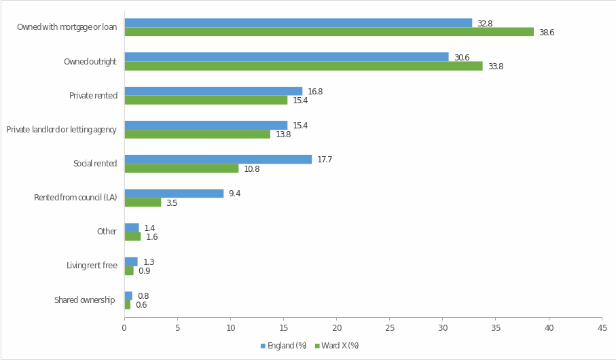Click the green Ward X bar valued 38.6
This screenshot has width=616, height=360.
point(329,32)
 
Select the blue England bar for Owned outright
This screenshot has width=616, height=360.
point(286,57)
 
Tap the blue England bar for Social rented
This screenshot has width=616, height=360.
point(218,160)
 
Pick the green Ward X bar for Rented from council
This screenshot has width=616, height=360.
point(143,202)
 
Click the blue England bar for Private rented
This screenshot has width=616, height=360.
point(213,91)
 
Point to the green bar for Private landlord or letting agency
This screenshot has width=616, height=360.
point(197,134)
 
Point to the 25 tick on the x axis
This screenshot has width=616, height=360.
point(389,328)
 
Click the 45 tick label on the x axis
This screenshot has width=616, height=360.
point(602,328)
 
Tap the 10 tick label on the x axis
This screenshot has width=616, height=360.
point(230,328)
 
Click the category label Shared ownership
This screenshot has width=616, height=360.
point(85,300)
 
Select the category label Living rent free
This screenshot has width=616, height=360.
point(92,266)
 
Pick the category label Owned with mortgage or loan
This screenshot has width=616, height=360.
point(67,27)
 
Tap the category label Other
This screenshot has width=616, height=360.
point(107,232)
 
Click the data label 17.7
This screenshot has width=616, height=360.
point(324,160)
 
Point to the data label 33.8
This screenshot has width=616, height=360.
point(495,67)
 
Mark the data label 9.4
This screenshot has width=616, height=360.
point(234,194)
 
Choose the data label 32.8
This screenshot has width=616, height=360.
point(484,23)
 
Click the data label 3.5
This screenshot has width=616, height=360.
point(172,203)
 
